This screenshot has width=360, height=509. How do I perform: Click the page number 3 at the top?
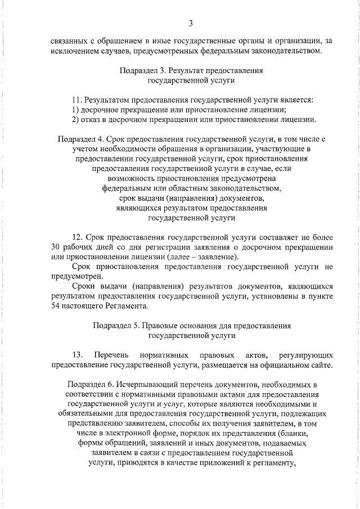pos(191,23)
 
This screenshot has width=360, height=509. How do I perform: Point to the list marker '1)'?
pos(75,109)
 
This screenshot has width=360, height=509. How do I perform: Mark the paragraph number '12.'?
pos(79,236)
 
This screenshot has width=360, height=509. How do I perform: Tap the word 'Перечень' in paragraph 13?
pos(111,355)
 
